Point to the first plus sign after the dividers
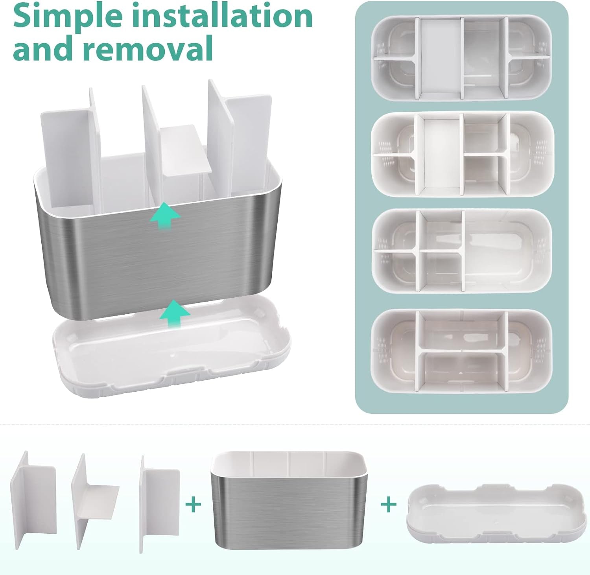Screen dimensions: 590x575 [x=193, y=504]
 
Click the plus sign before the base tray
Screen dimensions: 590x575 [x=389, y=504]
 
